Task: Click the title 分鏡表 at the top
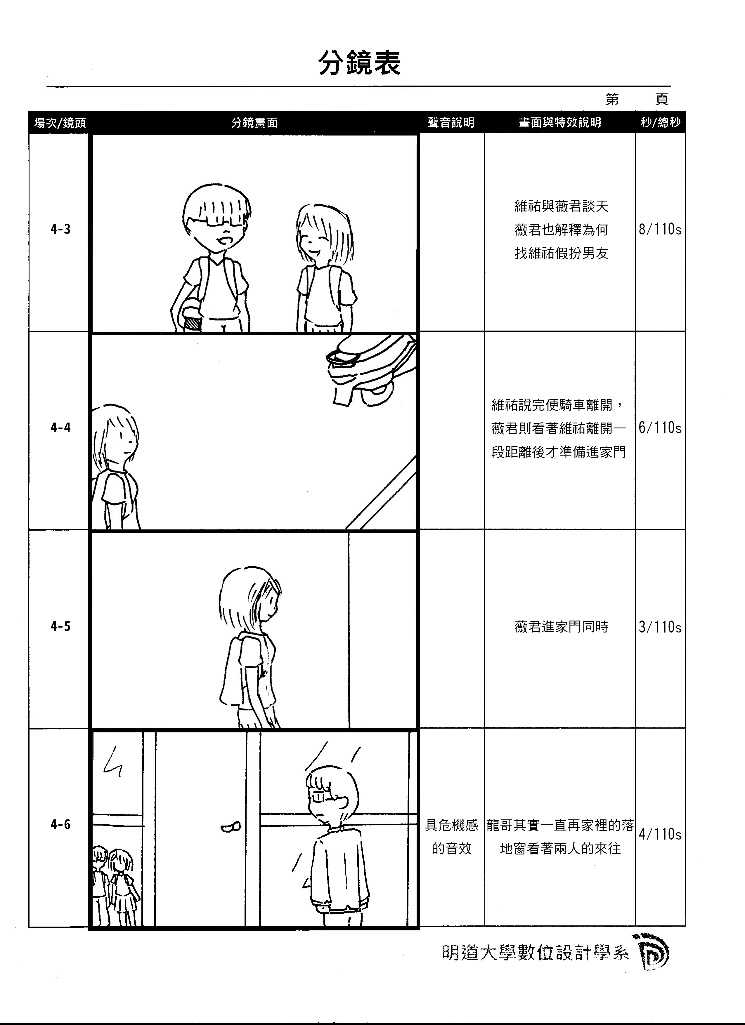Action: (359, 63)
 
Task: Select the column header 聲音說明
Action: (451, 122)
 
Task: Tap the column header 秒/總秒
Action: (660, 122)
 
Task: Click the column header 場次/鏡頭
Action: (60, 122)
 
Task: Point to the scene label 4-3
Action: (60, 229)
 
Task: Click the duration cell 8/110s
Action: (660, 229)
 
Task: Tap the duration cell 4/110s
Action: (660, 834)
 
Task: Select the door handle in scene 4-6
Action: (231, 828)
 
